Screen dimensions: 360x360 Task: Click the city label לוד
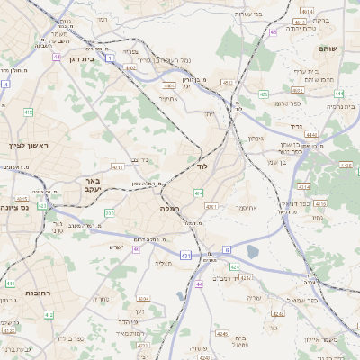point(200,166)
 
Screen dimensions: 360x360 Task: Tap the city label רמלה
point(170,208)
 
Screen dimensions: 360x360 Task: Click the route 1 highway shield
point(109,58)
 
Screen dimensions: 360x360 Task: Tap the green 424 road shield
point(233,266)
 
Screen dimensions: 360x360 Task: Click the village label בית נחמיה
point(334,105)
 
